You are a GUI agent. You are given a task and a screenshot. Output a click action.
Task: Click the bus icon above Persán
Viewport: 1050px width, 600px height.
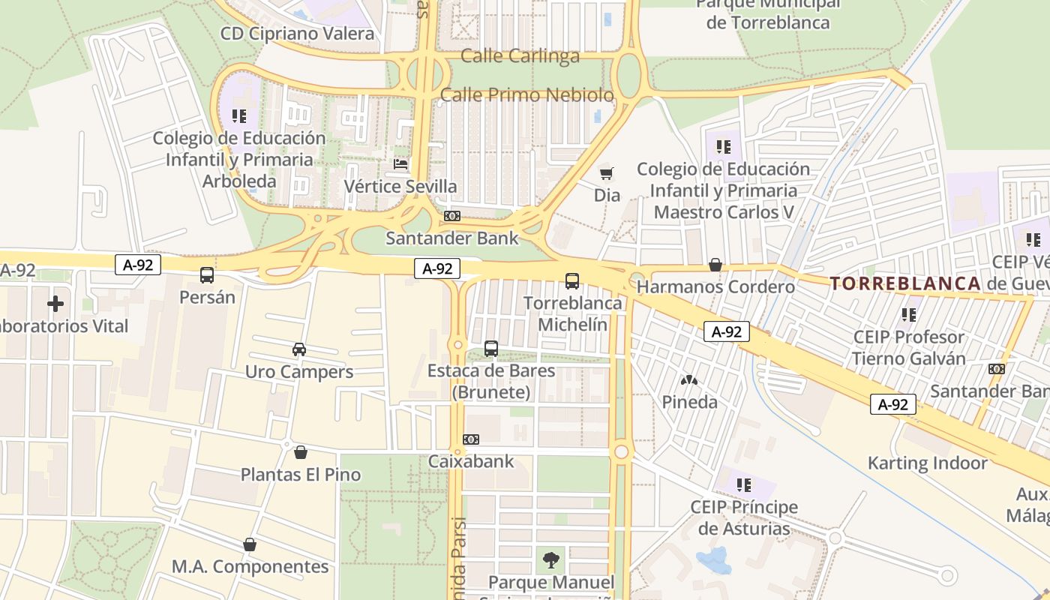click(207, 275)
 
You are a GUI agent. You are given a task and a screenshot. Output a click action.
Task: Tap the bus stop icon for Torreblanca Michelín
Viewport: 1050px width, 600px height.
click(572, 281)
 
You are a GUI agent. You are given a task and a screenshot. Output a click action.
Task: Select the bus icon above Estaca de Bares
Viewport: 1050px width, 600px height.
click(491, 349)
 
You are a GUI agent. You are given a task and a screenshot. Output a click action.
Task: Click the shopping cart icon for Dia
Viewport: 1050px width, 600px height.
click(607, 174)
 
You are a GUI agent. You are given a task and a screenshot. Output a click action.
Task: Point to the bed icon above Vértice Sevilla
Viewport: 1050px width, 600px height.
click(401, 163)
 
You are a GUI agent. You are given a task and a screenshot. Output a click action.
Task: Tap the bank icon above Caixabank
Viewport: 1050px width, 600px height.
click(471, 439)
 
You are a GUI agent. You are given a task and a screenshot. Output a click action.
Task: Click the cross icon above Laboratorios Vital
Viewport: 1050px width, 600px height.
click(55, 304)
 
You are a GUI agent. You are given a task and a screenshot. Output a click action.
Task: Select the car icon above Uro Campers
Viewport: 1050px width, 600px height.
click(299, 349)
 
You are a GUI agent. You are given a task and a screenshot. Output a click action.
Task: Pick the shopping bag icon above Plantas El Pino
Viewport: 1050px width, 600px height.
click(301, 452)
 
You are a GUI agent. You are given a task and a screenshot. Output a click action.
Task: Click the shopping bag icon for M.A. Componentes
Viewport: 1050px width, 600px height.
click(250, 544)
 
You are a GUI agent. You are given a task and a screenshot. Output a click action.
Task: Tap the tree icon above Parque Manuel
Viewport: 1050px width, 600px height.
click(551, 559)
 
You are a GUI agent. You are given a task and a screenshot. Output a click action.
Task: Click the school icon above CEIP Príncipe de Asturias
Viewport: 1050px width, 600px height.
click(744, 485)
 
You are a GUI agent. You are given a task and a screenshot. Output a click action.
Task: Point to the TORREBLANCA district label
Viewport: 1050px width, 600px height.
click(905, 283)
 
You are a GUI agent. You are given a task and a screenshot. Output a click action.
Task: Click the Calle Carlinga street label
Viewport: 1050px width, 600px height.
click(520, 56)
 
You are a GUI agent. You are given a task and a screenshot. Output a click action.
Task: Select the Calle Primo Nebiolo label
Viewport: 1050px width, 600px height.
click(526, 95)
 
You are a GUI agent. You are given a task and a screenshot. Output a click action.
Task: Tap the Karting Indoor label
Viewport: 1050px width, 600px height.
click(928, 463)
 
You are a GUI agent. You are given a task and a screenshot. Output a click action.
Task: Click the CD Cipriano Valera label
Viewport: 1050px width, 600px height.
click(297, 34)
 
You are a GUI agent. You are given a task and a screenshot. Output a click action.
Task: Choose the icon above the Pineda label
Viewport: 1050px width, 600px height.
click(689, 380)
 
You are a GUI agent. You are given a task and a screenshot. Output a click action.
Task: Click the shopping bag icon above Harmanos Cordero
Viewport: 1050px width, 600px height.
click(715, 265)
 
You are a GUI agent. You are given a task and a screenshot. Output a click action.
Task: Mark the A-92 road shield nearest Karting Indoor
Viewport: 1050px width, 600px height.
click(893, 404)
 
